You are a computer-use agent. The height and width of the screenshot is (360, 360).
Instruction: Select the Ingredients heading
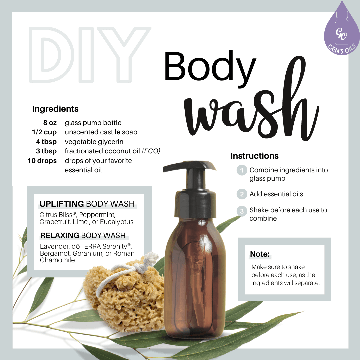[55, 109]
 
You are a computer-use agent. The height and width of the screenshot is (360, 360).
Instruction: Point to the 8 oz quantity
[50, 123]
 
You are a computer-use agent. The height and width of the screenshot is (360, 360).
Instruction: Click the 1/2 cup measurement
[44, 132]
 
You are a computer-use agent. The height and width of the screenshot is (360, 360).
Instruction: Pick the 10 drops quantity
[42, 161]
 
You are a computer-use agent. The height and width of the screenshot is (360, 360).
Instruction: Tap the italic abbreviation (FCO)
[151, 151]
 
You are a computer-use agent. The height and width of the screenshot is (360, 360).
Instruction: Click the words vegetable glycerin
[94, 142]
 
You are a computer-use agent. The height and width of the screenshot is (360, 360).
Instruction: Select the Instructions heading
[254, 156]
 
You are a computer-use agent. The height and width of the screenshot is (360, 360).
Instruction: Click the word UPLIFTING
[62, 204]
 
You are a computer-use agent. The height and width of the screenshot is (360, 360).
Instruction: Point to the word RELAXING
[60, 236]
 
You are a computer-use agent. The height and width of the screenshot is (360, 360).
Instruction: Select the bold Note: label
[260, 254]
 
